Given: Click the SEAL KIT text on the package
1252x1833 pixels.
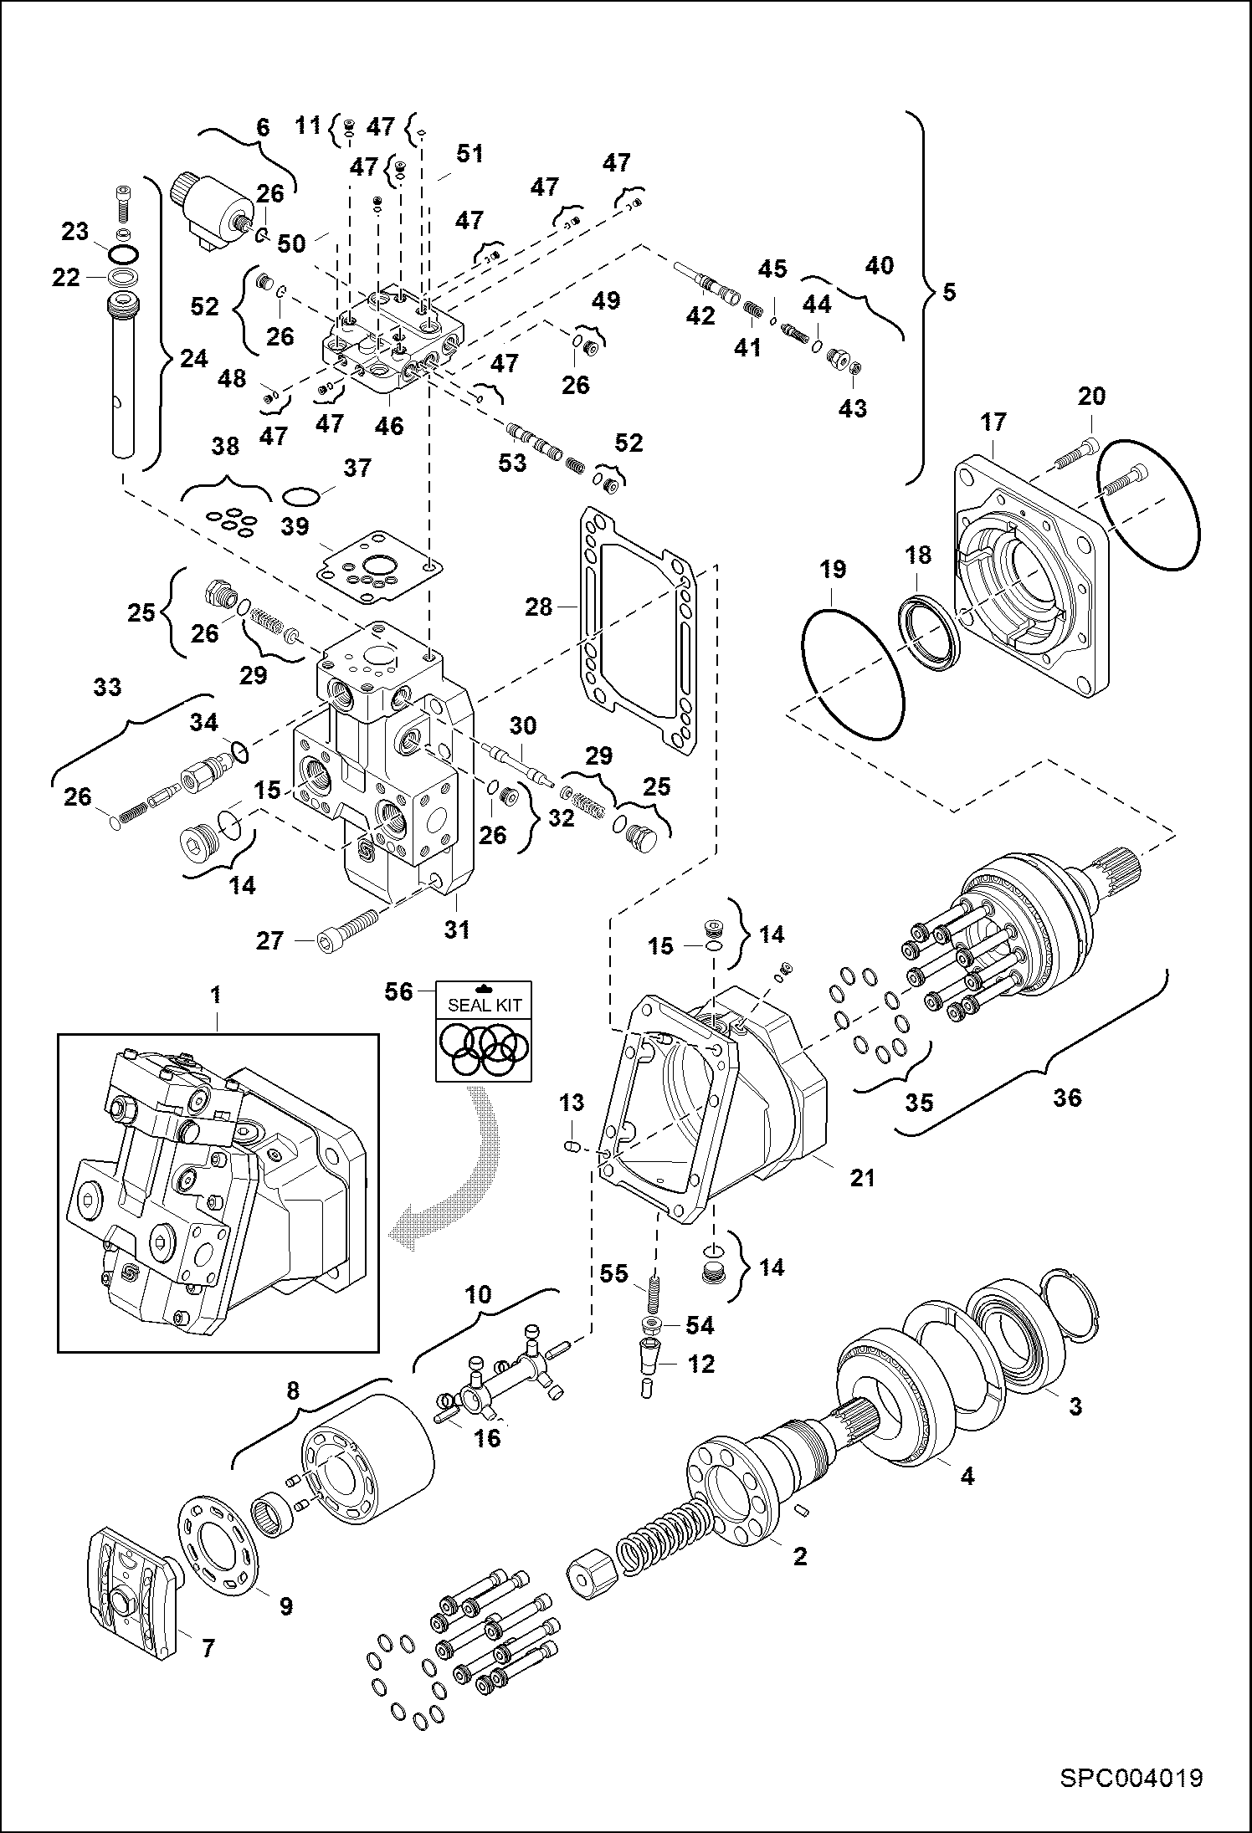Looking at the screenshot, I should tap(485, 1006).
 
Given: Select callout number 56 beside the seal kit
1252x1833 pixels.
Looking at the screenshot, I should tap(398, 991).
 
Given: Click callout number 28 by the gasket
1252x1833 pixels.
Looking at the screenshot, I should tap(539, 607).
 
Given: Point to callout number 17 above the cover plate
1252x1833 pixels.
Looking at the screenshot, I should tap(993, 422).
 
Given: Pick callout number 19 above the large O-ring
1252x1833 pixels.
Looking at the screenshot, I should tap(832, 570).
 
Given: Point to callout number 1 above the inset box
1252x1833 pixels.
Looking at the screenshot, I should tap(216, 995).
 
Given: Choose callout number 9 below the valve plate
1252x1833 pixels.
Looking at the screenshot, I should tap(285, 1605).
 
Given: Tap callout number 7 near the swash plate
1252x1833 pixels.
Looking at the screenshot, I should tap(208, 1648).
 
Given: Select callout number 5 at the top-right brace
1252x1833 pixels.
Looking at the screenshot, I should tap(948, 293).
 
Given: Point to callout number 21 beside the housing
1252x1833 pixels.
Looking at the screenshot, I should tap(862, 1178).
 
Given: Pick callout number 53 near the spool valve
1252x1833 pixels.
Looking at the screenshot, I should tap(512, 462).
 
